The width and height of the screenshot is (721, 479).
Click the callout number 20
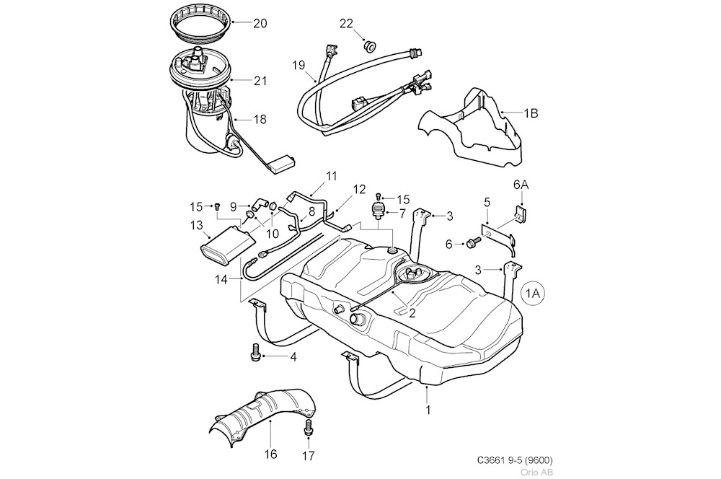(260, 23)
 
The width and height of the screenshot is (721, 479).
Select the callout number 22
(346, 24)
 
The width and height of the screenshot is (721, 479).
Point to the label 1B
(531, 113)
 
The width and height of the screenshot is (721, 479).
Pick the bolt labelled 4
(255, 354)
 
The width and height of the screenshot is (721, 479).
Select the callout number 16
(270, 454)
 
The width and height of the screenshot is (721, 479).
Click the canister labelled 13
(225, 246)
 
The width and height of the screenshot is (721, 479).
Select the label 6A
(520, 185)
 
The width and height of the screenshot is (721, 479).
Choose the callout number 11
(331, 176)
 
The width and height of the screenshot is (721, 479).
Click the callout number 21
(260, 81)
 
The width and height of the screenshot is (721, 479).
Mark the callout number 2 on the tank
(412, 313)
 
